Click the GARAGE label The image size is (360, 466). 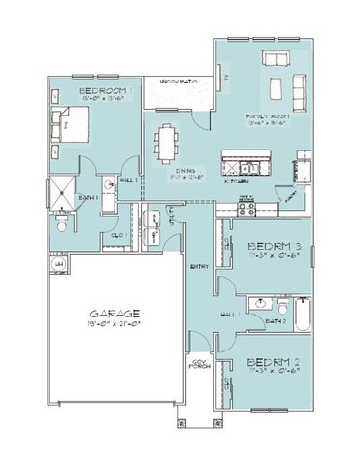(115, 313)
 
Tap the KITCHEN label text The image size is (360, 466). (238, 181)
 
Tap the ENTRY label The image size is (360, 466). (200, 266)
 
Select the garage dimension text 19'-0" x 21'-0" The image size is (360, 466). (115, 325)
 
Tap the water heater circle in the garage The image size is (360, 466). (59, 263)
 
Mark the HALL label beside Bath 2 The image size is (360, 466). (230, 316)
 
